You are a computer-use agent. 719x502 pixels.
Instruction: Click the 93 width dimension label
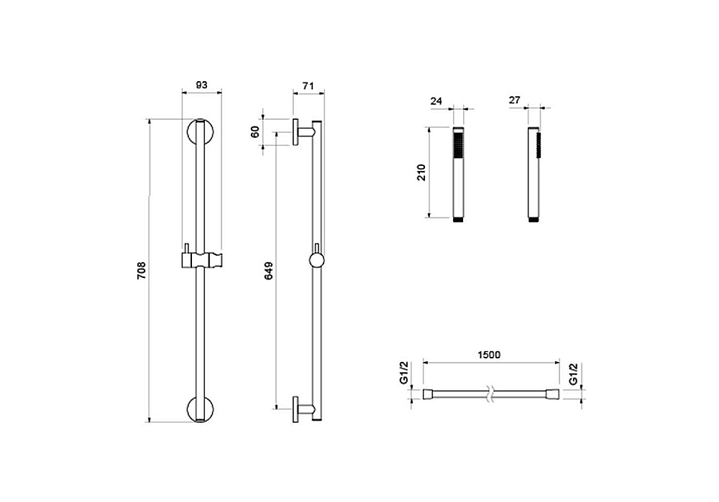click(x=202, y=85)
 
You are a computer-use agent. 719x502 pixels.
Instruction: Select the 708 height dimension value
click(x=141, y=270)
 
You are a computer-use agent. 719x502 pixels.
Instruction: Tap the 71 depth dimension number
click(x=308, y=85)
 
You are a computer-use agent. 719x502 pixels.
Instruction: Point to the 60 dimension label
click(x=255, y=131)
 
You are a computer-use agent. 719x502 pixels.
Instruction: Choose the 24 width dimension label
click(x=436, y=101)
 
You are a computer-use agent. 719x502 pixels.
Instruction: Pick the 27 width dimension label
click(x=515, y=100)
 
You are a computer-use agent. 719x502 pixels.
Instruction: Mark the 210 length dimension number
click(x=421, y=172)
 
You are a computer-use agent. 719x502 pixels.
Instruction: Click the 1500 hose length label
click(x=489, y=355)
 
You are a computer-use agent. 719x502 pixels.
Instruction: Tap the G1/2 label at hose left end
click(x=404, y=373)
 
